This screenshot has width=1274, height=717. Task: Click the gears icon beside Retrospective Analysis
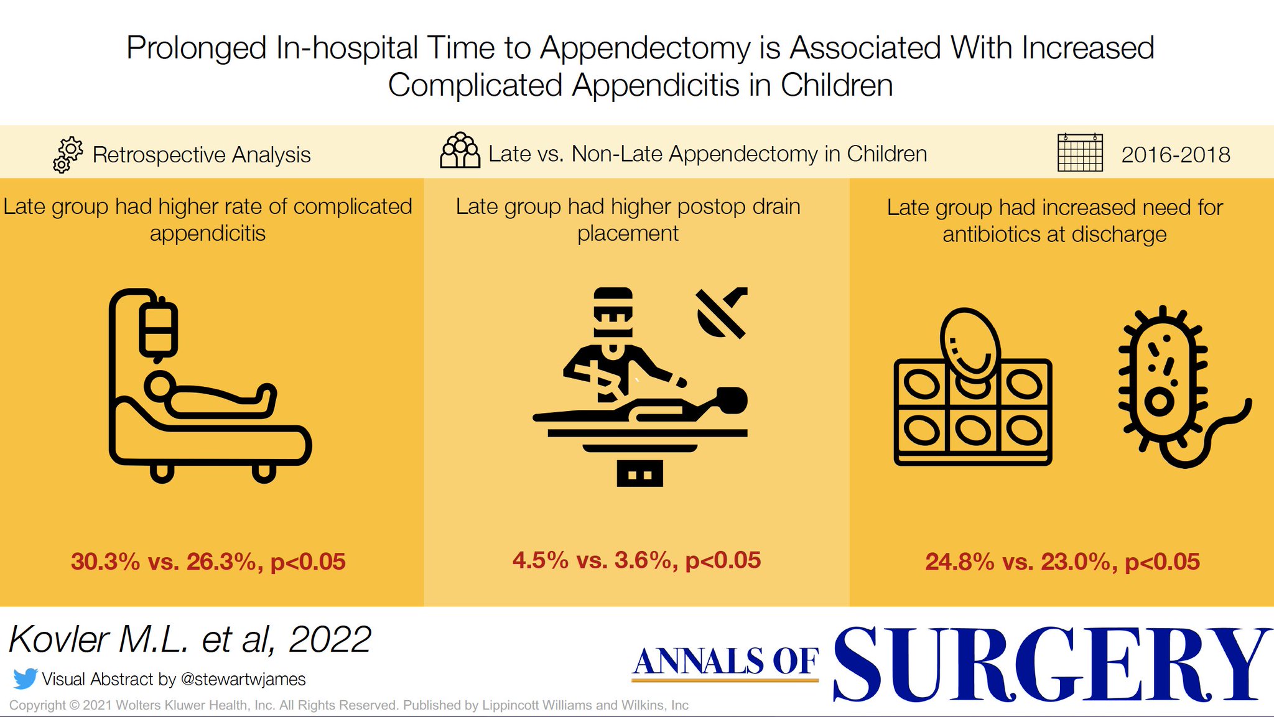pyautogui.click(x=68, y=155)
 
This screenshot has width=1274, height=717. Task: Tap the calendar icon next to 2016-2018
pyautogui.click(x=1080, y=152)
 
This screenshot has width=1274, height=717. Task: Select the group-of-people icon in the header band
pyautogui.click(x=460, y=150)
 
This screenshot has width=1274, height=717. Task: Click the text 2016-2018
pyautogui.click(x=1175, y=155)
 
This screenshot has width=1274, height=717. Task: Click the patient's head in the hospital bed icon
pyautogui.click(x=160, y=386)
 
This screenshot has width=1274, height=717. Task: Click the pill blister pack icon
pyautogui.click(x=972, y=410)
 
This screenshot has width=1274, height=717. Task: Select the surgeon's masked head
pyautogui.click(x=613, y=314)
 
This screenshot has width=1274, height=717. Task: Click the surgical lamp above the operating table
pyautogui.click(x=722, y=313)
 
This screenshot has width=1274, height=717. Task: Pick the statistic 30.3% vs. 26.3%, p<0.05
pyautogui.click(x=208, y=562)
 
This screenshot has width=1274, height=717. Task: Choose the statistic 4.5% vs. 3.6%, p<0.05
pyautogui.click(x=636, y=560)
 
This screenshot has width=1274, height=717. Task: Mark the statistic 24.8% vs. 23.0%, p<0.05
pyautogui.click(x=1062, y=562)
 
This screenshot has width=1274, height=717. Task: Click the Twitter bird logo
pyautogui.click(x=25, y=678)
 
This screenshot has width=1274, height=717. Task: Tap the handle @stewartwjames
pyautogui.click(x=243, y=679)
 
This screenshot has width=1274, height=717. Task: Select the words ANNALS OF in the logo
pyautogui.click(x=725, y=661)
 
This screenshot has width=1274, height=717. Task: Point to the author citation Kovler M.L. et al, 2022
pyautogui.click(x=190, y=639)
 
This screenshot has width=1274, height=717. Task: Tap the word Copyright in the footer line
pyautogui.click(x=37, y=705)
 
